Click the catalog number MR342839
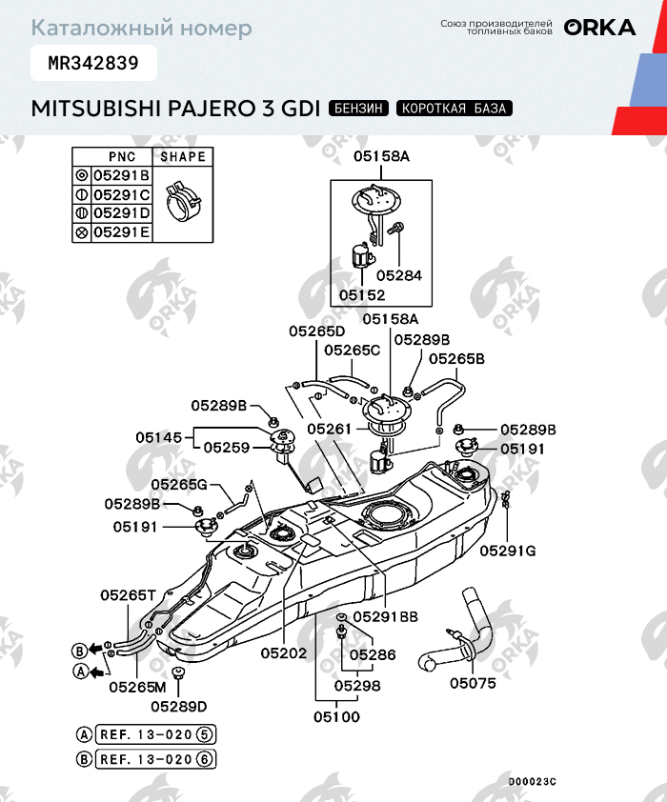[93, 64]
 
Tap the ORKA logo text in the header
[599, 28]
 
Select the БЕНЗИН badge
[358, 108]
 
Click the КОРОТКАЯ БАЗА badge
[455, 108]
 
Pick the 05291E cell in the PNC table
[120, 231]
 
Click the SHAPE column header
[182, 156]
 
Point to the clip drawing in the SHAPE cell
[183, 201]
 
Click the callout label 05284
[398, 275]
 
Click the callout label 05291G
[508, 550]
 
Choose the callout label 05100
[337, 716]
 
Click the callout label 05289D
[179, 706]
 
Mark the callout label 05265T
[129, 594]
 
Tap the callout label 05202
[284, 653]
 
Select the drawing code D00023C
[532, 781]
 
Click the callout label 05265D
[317, 331]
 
